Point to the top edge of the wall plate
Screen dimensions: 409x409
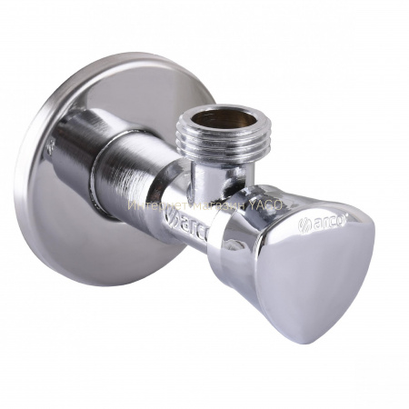(x=127, y=59)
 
